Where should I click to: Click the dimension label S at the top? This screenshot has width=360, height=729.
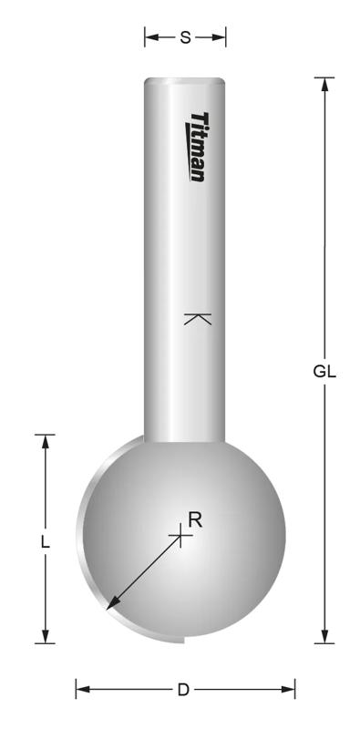[185, 37]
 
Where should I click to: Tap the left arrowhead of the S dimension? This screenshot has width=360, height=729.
[150, 37]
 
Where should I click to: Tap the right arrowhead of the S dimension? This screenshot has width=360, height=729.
[220, 37]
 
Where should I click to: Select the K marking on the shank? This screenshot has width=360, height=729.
[197, 319]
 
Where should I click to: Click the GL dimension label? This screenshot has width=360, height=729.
[324, 371]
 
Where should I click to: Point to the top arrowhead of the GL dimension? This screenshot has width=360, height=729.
[324, 84]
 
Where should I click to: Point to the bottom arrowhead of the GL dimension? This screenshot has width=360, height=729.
[324, 637]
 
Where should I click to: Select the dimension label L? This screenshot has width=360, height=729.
[45, 540]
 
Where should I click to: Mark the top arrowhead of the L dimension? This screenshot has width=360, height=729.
[45, 441]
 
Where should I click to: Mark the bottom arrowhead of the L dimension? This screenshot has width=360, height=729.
[45, 637]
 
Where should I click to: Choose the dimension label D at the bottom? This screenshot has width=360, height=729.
[183, 690]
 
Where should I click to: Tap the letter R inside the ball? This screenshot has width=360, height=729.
[194, 519]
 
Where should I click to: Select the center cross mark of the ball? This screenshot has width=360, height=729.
[181, 537]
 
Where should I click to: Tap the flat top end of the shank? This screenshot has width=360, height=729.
[185, 80]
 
